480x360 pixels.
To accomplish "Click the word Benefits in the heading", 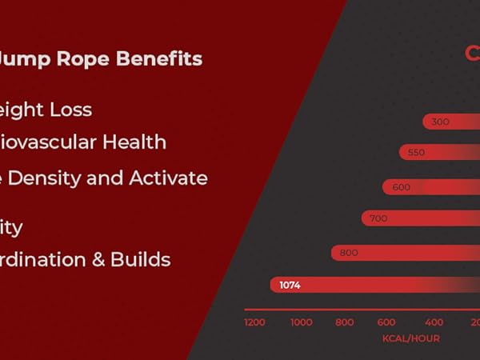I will pyautogui.click(x=159, y=58).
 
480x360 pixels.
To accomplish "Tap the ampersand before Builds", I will pyautogui.click(x=98, y=259).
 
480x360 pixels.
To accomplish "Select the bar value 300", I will pyautogui.click(x=440, y=122).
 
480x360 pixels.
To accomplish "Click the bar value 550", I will pyautogui.click(x=416, y=152).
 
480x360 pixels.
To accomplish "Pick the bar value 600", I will pyautogui.click(x=401, y=186).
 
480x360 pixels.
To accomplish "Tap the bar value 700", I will pyautogui.click(x=378, y=218).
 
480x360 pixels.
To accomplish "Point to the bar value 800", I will pyautogui.click(x=349, y=252).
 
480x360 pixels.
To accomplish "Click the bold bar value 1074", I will pyautogui.click(x=290, y=285).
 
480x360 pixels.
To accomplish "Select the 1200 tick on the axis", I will pyautogui.click(x=254, y=322).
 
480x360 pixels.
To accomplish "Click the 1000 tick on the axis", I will pyautogui.click(x=302, y=322).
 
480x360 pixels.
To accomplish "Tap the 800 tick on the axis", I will pyautogui.click(x=345, y=322).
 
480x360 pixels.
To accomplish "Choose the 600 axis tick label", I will pyautogui.click(x=386, y=322).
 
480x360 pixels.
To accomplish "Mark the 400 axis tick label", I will pyautogui.click(x=434, y=322).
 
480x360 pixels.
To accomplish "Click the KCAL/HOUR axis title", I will pyautogui.click(x=410, y=338).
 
